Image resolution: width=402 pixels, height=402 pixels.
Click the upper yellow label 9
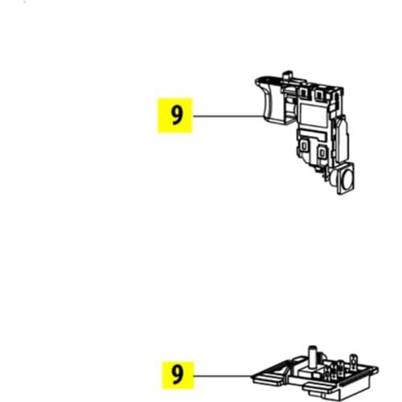pyautogui.click(x=175, y=115)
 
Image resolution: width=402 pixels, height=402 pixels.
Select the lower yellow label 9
pyautogui.click(x=175, y=375)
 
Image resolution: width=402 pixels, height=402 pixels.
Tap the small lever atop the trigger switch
pyautogui.click(x=287, y=76)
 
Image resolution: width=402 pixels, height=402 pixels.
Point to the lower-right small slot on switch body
pyautogui.click(x=322, y=152)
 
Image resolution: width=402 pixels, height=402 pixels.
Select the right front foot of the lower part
pyautogui.click(x=318, y=389)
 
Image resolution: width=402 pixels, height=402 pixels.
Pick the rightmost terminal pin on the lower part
pyautogui.click(x=353, y=362)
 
